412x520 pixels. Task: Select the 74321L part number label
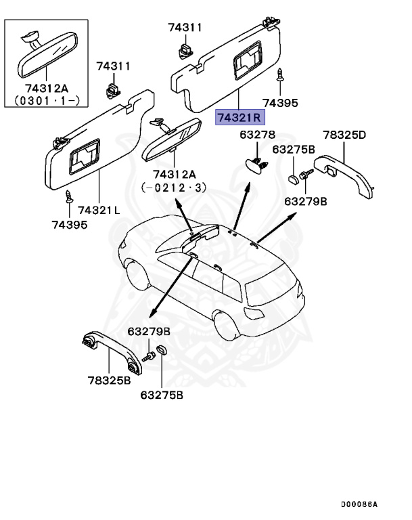99,210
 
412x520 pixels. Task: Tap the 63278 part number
257,135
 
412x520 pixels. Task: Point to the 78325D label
344,135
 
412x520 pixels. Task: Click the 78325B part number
108,381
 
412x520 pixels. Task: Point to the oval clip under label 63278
254,165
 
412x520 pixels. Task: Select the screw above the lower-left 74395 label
68,197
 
